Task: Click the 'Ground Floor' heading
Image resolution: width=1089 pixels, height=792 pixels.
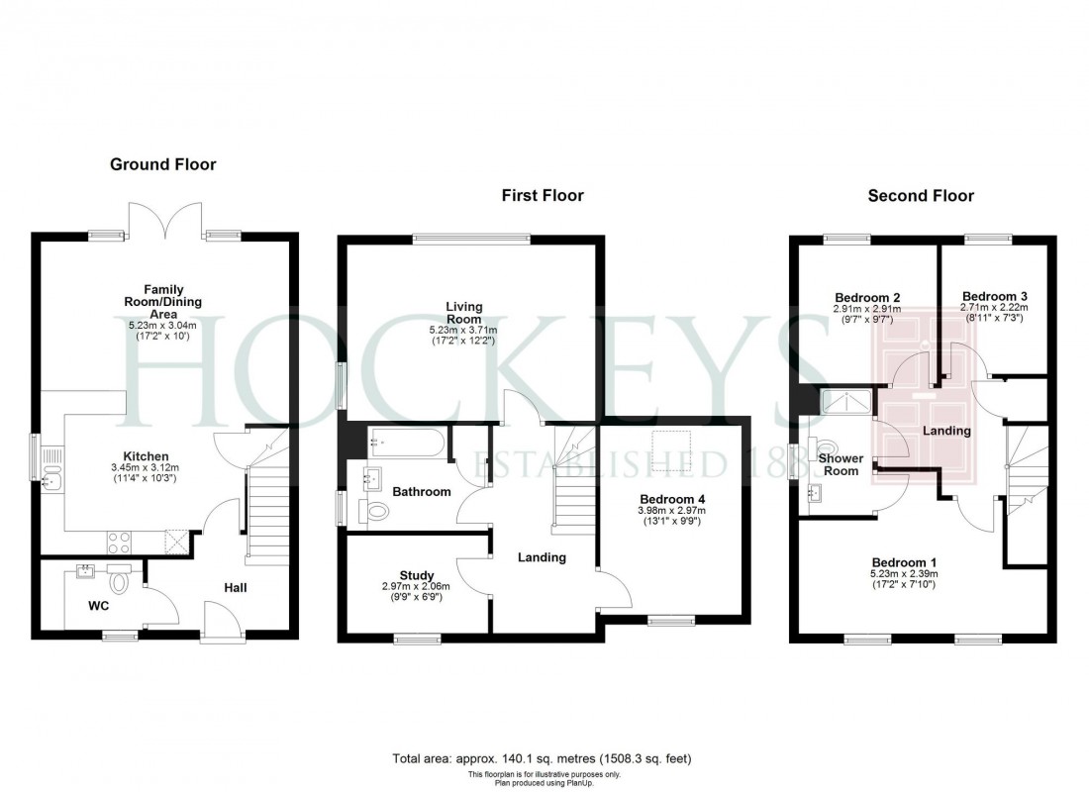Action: tap(162, 164)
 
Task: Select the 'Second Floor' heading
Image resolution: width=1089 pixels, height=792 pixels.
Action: tap(921, 196)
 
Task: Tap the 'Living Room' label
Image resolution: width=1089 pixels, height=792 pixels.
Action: tap(463, 313)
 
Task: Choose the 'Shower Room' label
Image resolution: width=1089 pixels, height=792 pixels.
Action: tap(841, 464)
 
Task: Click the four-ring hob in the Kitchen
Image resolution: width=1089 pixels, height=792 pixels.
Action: tap(119, 542)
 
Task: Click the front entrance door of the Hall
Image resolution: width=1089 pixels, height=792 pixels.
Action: tap(219, 624)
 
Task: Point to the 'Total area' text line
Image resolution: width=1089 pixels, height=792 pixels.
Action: tap(543, 758)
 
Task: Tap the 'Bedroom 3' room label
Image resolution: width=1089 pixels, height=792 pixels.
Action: tap(995, 296)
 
